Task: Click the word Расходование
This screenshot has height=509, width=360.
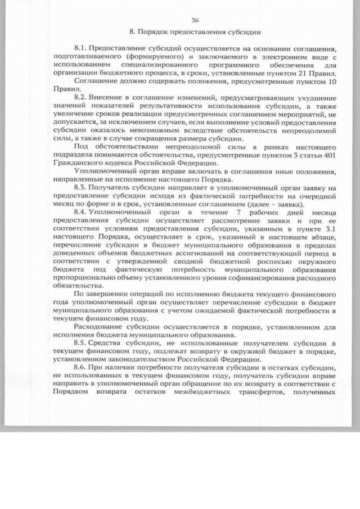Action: click(x=99, y=326)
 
